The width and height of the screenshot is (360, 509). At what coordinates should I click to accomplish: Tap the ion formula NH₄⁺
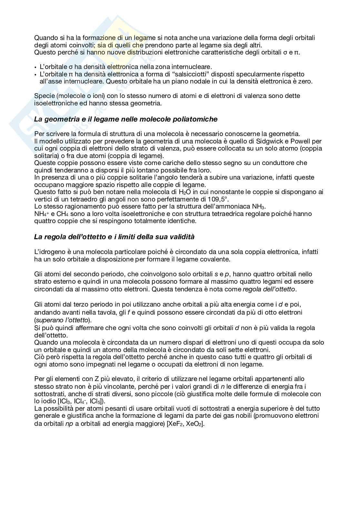(x=41, y=214)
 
